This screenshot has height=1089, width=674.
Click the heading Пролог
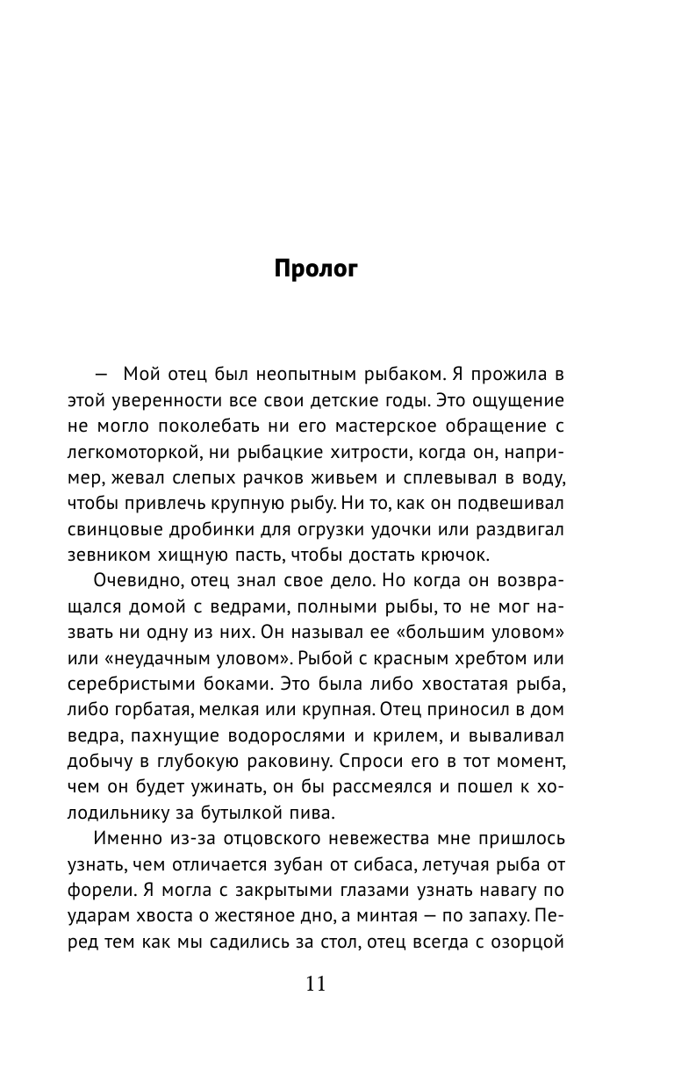[316, 269]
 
